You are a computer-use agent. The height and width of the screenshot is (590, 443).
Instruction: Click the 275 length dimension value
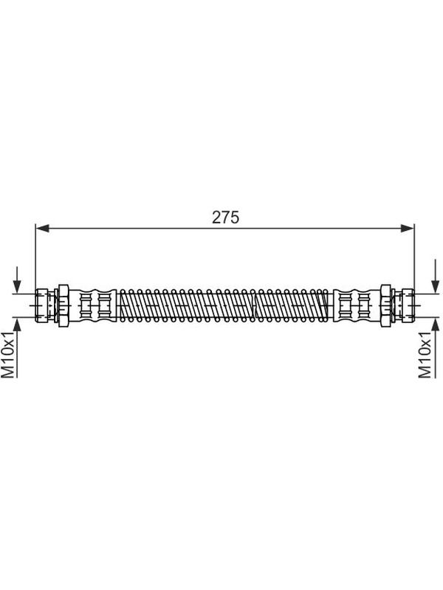tap(225, 217)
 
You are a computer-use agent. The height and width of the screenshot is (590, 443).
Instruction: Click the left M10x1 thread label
tap(8, 355)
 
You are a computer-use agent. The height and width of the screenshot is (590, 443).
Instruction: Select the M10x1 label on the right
tap(425, 355)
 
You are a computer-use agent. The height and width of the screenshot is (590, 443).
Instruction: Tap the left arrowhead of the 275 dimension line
tap(42, 228)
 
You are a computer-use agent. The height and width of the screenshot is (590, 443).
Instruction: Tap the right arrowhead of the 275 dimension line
tap(408, 228)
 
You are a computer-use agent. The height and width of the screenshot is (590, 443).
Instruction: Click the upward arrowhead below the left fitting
tap(16, 324)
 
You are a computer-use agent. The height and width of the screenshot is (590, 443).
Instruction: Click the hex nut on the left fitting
tap(63, 305)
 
